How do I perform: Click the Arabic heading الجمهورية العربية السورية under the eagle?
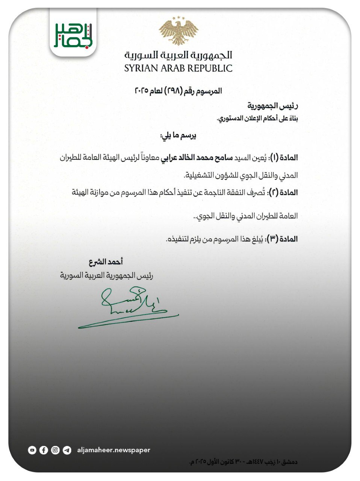point(178,55)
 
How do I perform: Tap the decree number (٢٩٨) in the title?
point(174,91)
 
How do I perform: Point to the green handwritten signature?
point(128,306)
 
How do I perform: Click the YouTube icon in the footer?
point(32,450)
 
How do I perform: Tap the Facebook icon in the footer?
point(44,450)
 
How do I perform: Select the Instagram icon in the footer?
point(55,450)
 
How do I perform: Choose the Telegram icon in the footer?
point(67,450)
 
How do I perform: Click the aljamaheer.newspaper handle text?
point(113,450)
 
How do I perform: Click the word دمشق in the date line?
point(290,462)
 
